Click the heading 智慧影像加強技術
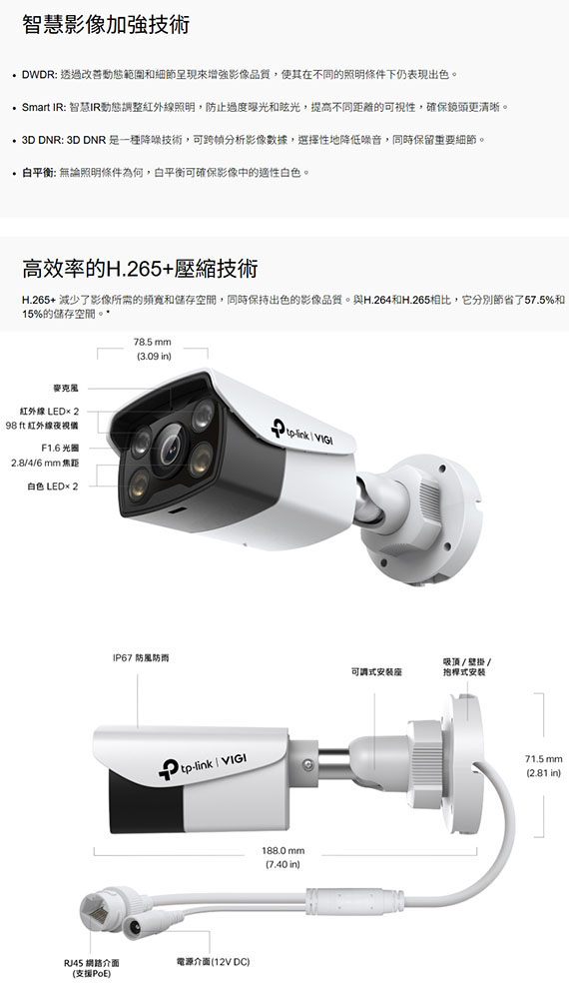click(106, 25)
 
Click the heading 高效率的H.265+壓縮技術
click(140, 269)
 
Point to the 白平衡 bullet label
click(39, 172)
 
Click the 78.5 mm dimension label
click(153, 342)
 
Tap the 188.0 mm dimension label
click(283, 851)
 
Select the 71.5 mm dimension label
click(544, 758)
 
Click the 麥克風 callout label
click(66, 388)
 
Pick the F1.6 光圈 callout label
click(60, 448)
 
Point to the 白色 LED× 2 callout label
click(53, 487)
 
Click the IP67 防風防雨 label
click(141, 658)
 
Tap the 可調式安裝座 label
click(376, 672)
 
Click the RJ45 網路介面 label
click(92, 963)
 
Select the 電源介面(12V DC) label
click(214, 962)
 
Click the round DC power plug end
click(137, 927)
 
